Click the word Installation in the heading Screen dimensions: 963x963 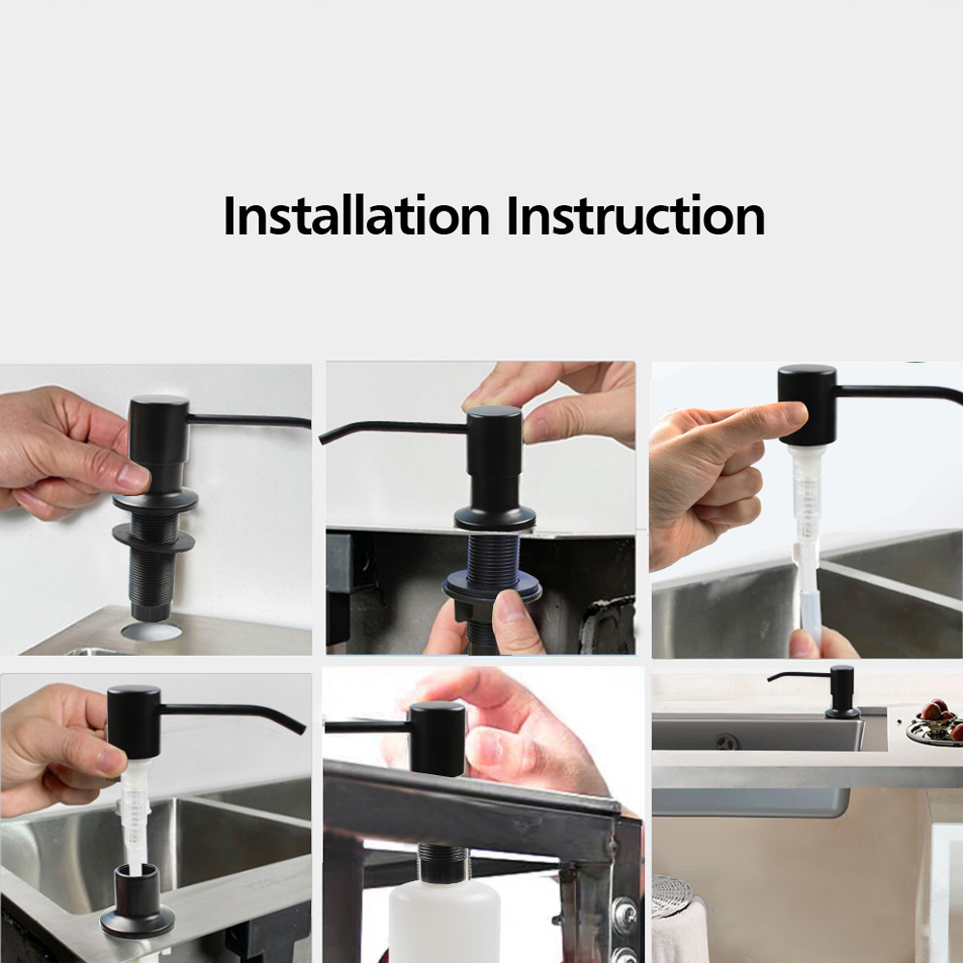[x=356, y=215]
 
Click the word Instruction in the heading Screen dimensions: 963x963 [x=636, y=215]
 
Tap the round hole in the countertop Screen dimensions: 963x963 [x=151, y=631]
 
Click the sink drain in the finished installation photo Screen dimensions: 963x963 [x=727, y=742]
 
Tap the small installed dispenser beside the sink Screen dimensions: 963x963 [x=823, y=691]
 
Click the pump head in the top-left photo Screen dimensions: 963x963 [x=159, y=429]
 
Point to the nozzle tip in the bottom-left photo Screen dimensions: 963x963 [x=299, y=729]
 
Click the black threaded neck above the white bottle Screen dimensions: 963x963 [x=442, y=864]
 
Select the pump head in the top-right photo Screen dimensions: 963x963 [x=807, y=405]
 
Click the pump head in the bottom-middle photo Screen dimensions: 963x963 [x=437, y=739]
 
